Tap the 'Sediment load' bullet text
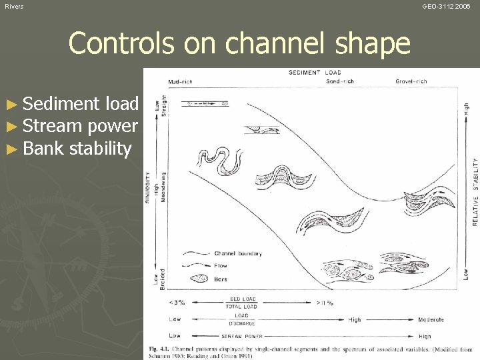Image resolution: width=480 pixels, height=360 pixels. [x=80, y=104]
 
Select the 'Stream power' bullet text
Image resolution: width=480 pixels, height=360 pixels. [x=80, y=126]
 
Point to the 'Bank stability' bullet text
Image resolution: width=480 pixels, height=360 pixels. [x=77, y=148]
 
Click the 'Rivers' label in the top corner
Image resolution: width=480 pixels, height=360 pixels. [x=14, y=6]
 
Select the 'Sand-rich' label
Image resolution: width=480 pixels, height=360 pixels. [x=341, y=81]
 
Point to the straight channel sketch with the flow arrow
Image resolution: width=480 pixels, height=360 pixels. [x=207, y=104]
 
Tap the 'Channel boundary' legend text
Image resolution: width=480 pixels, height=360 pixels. [x=238, y=253]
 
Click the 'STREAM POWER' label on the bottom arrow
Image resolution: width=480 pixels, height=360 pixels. [x=242, y=337]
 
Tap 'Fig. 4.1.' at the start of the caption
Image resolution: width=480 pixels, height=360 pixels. [x=157, y=348]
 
